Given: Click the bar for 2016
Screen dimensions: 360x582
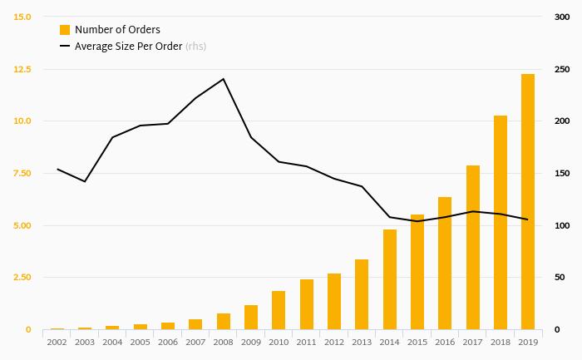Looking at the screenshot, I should (x=445, y=264).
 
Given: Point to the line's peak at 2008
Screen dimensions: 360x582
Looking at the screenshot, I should (x=224, y=79).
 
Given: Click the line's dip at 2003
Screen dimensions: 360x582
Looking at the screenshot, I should (x=85, y=181).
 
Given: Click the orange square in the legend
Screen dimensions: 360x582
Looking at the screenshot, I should (x=65, y=30).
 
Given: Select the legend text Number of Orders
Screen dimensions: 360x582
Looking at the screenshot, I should (x=117, y=30).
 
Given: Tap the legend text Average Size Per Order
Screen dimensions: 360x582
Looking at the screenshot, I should (x=128, y=47).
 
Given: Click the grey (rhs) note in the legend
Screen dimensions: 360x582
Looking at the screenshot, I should (x=195, y=47).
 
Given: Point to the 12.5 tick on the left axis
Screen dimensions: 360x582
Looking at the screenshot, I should (x=21, y=69).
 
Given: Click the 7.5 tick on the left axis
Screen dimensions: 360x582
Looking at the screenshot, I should (x=21, y=173).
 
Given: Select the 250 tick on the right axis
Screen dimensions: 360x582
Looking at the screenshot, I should (x=562, y=69).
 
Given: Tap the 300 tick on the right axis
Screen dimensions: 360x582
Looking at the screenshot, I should (x=562, y=17).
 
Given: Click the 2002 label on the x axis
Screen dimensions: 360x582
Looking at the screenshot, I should (x=57, y=342).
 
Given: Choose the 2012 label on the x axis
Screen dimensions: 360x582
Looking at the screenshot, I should (x=334, y=342).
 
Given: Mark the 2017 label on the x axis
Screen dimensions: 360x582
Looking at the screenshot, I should (x=472, y=342).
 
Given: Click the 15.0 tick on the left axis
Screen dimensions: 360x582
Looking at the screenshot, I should (x=21, y=17).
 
